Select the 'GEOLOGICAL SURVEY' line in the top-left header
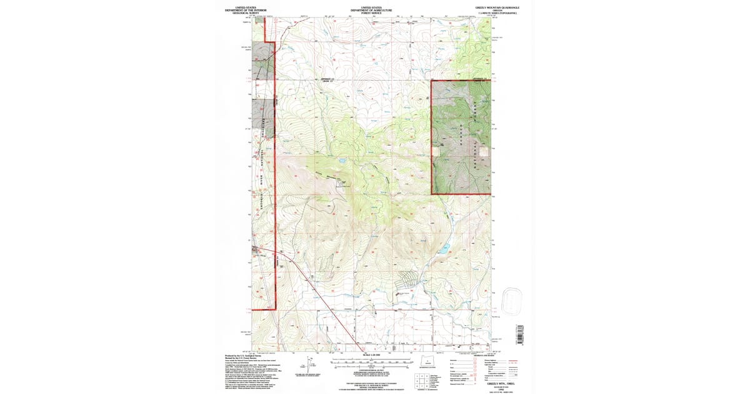pos(244,13)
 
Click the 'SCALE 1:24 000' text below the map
pos(373,356)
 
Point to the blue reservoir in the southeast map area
pos(442,249)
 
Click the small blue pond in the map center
pos(343,161)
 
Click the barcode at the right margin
pos(519,334)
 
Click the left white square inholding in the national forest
pos(437,151)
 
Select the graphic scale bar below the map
pos(373,362)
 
